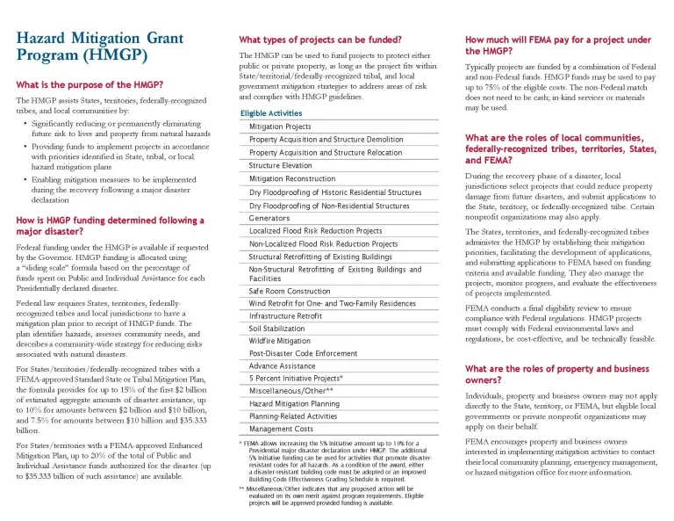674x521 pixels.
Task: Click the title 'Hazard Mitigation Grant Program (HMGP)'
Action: point(82,47)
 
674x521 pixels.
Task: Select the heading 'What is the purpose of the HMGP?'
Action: point(90,85)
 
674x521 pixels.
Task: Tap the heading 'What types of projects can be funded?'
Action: point(320,40)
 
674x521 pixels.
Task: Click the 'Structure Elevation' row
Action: point(280,165)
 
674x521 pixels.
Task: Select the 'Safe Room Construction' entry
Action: point(289,291)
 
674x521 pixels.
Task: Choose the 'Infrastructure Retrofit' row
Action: point(285,315)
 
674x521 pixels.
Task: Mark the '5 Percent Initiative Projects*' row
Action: point(296,378)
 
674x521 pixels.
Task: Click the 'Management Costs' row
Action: point(281,429)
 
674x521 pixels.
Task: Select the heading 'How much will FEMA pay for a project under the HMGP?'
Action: point(557,46)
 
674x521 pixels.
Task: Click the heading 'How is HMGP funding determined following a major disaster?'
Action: point(104,226)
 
